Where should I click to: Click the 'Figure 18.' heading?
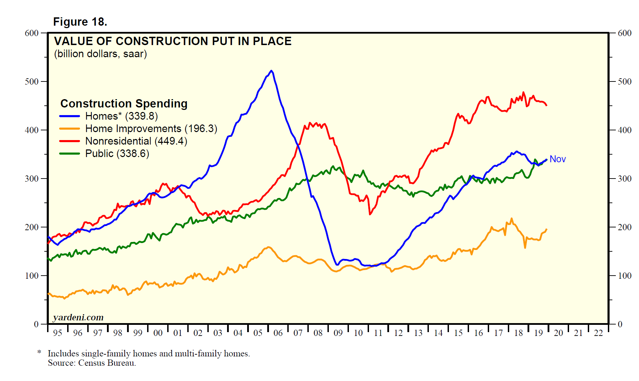[x=80, y=22]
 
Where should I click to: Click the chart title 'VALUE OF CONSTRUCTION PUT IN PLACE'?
[x=173, y=41]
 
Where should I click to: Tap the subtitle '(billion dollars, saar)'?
[x=100, y=54]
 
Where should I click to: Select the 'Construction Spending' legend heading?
[x=124, y=104]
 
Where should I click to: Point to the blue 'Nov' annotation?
[x=557, y=159]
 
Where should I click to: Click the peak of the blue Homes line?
[x=271, y=71]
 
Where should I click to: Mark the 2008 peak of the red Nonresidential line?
[x=310, y=123]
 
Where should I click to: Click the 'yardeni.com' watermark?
[x=78, y=317]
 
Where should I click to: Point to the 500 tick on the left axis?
[x=31, y=81]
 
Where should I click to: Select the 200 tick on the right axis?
[x=624, y=227]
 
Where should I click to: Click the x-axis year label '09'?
[x=338, y=333]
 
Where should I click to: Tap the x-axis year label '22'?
[x=598, y=333]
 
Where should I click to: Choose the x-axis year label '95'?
[x=57, y=333]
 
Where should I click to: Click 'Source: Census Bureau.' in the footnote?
[x=92, y=363]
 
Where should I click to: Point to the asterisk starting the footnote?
[x=39, y=352]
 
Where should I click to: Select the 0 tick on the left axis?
[x=36, y=324]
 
